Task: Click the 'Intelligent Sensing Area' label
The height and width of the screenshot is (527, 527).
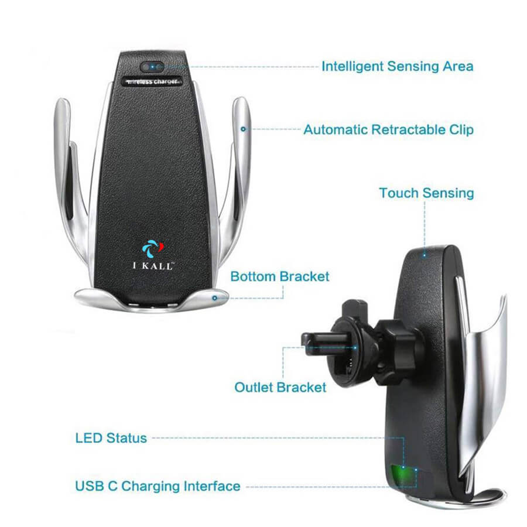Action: [x=397, y=67]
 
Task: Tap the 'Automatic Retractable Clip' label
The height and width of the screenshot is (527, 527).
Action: [x=389, y=130]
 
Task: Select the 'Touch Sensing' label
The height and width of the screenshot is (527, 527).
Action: [x=426, y=193]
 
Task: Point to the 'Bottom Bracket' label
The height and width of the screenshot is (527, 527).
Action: [x=280, y=276]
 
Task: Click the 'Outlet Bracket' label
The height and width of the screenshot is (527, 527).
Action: [x=280, y=387]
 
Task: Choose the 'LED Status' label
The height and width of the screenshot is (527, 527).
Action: [x=111, y=438]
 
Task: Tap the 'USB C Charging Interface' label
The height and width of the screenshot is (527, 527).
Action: [x=158, y=487]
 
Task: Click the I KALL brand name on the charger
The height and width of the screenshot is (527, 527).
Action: [x=153, y=266]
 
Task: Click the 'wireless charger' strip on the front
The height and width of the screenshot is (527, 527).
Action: [x=152, y=81]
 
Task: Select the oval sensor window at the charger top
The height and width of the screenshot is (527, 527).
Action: [x=152, y=67]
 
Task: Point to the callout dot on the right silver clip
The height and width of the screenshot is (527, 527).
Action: [x=244, y=129]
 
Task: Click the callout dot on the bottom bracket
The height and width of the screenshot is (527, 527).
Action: [x=215, y=298]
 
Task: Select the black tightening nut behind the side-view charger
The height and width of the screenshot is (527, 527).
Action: [x=396, y=350]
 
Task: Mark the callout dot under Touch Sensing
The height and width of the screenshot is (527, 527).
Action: [x=425, y=255]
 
